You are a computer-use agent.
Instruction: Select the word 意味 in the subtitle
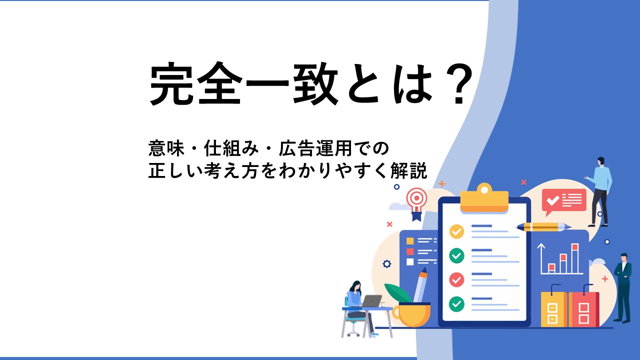click(166, 148)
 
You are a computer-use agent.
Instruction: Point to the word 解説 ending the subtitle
click(409, 170)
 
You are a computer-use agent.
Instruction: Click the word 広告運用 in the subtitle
click(315, 148)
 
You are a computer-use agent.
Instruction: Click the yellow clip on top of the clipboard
click(484, 198)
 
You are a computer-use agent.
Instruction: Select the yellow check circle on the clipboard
click(456, 231)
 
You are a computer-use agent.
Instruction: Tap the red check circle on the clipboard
click(456, 279)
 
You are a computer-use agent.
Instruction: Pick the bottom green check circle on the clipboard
click(456, 303)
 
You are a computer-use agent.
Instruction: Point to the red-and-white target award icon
click(417, 203)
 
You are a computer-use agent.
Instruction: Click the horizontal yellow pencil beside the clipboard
click(543, 227)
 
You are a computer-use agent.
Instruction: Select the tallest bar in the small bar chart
click(575, 258)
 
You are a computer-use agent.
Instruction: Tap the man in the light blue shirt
click(600, 192)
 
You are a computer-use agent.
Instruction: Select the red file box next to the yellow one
click(583, 309)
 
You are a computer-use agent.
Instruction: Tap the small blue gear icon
click(387, 263)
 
